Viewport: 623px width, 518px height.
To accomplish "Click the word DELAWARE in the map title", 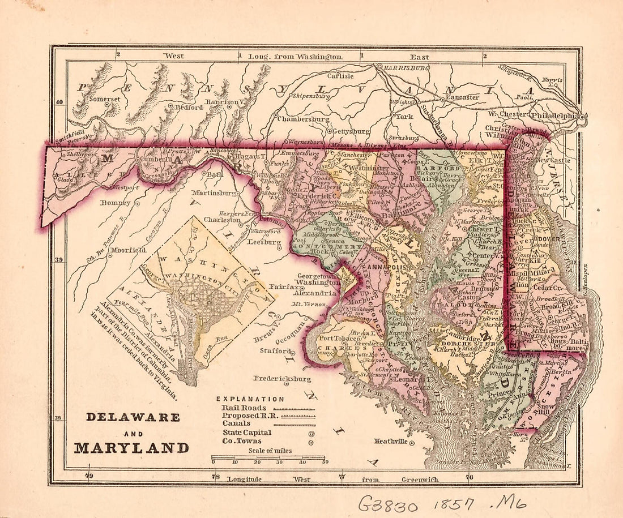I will pyautogui.click(x=133, y=417).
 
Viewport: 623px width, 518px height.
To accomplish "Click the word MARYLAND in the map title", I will pyautogui.click(x=131, y=448).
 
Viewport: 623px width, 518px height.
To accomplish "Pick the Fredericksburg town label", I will pyautogui.click(x=282, y=378).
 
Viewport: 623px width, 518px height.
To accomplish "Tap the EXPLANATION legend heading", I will pyautogui.click(x=250, y=399).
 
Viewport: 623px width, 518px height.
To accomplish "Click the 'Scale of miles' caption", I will pyautogui.click(x=267, y=451).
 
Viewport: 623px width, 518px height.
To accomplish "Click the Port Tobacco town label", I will pyautogui.click(x=339, y=338).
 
